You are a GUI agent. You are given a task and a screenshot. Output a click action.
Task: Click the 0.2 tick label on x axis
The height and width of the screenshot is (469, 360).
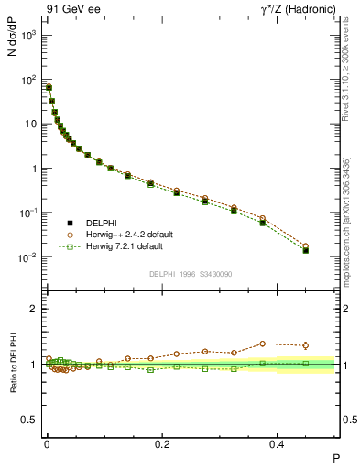point(163,442)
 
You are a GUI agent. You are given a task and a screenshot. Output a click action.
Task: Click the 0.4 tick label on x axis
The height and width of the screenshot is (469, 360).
point(281,442)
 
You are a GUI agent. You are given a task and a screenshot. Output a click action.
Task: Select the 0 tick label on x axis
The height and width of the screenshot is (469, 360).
point(46,442)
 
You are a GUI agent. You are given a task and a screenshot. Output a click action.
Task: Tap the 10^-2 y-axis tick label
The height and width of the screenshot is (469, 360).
point(29,257)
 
